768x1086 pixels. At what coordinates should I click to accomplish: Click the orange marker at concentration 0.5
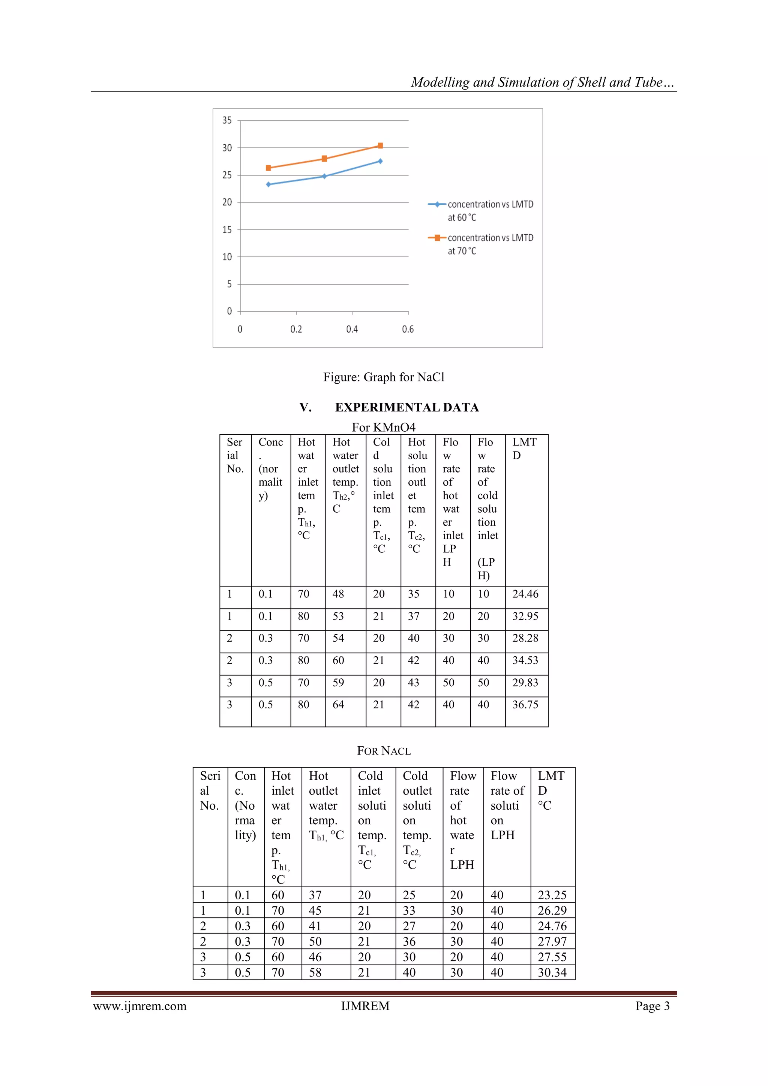[x=380, y=145]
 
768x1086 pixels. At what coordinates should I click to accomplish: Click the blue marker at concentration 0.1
[x=268, y=184]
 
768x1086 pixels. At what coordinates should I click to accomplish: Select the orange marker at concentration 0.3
[x=324, y=159]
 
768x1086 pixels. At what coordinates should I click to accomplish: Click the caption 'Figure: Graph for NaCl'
[x=384, y=377]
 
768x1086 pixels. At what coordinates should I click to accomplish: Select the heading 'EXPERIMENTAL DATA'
[x=407, y=407]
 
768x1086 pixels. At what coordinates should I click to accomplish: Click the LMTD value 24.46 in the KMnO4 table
[x=525, y=594]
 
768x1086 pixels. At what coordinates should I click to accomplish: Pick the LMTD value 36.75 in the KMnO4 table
[x=525, y=705]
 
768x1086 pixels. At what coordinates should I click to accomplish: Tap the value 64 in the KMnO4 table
[x=338, y=705]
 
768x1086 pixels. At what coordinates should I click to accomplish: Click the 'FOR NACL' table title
[x=384, y=751]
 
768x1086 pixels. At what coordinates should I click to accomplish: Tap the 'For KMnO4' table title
[x=384, y=427]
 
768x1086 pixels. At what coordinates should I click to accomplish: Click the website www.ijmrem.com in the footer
[x=139, y=1006]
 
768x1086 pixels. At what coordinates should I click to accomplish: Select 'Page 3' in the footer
[x=652, y=1006]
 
